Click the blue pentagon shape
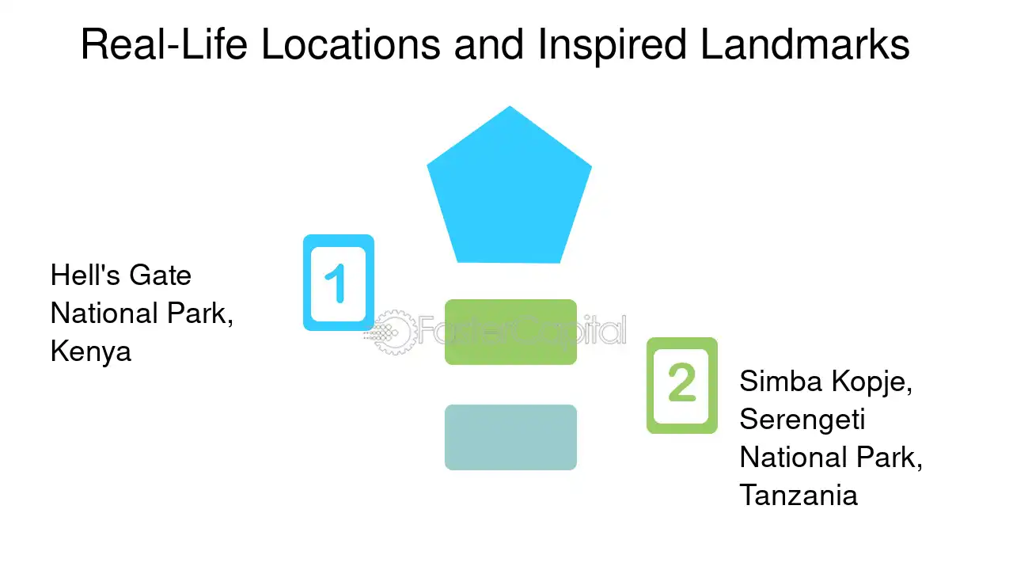[509, 190]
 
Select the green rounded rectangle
[510, 332]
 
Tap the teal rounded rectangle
[510, 438]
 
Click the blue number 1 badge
[338, 283]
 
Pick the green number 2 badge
[682, 386]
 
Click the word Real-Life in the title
[164, 44]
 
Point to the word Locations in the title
[351, 44]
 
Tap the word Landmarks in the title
[805, 44]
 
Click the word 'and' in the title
[489, 44]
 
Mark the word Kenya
[91, 351]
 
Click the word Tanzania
[799, 495]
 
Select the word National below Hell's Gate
[104, 313]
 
